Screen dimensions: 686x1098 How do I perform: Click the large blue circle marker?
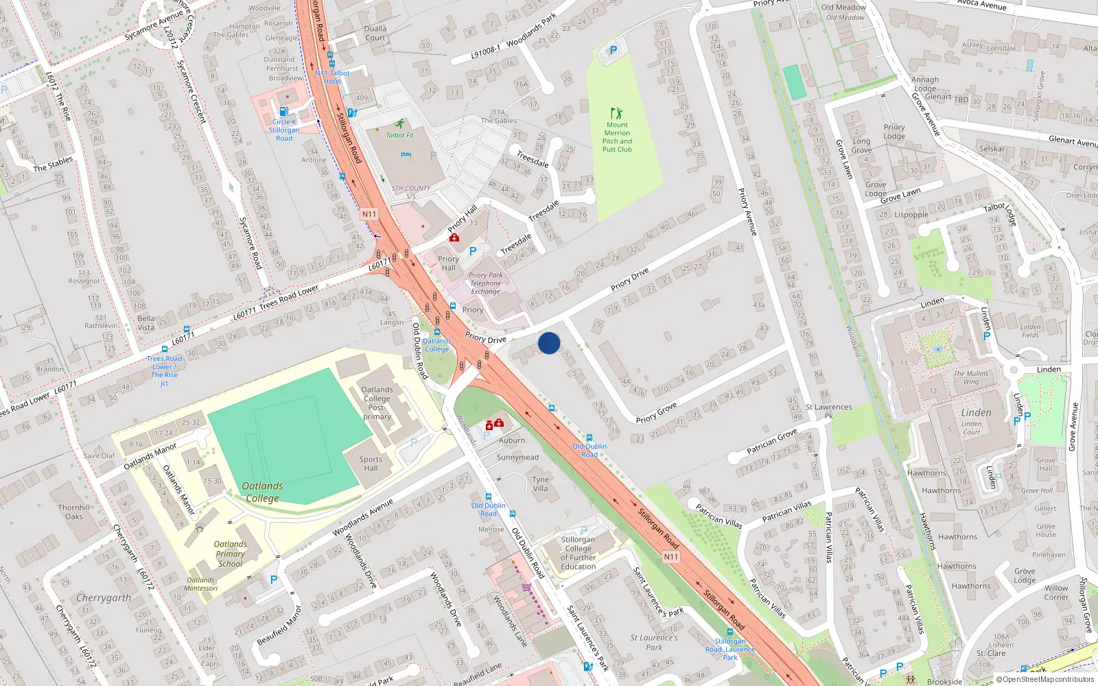(x=549, y=343)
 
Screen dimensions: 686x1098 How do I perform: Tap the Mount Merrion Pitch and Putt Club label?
(x=617, y=137)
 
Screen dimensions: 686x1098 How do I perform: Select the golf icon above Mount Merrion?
(x=616, y=113)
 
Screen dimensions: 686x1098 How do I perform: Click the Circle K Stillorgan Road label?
(x=284, y=130)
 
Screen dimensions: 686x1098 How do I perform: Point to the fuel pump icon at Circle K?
(x=283, y=112)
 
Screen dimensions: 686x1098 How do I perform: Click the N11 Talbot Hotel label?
(x=332, y=77)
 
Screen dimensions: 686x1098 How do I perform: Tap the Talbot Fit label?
(x=399, y=135)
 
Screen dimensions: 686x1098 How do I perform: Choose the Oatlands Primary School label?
(x=231, y=554)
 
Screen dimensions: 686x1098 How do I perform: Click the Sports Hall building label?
(x=371, y=464)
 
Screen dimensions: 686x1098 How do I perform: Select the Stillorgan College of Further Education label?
(x=578, y=553)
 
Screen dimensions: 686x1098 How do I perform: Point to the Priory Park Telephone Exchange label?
(x=485, y=283)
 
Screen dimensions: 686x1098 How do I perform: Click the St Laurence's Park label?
(x=654, y=642)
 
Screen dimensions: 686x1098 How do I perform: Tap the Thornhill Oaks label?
(x=74, y=512)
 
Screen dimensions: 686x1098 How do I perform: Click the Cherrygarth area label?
(x=104, y=598)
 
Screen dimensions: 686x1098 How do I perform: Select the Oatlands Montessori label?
(x=201, y=584)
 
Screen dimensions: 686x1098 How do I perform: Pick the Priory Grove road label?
(x=656, y=414)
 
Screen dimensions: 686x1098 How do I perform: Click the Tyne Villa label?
(x=541, y=484)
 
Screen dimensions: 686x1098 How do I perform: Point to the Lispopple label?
(x=911, y=215)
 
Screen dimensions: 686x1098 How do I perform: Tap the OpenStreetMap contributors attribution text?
(x=1044, y=679)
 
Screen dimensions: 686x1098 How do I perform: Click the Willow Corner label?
(x=1056, y=592)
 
